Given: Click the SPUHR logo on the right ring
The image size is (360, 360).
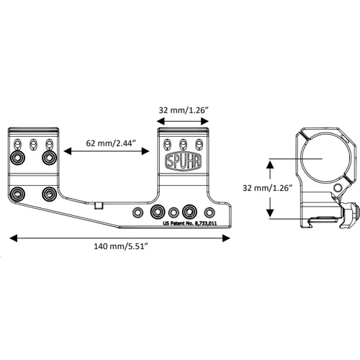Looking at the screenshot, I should pyautogui.click(x=183, y=160).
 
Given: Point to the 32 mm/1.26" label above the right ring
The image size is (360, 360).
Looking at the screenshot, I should pyautogui.click(x=183, y=112).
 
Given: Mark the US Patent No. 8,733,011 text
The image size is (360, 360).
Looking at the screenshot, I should pyautogui.click(x=189, y=224).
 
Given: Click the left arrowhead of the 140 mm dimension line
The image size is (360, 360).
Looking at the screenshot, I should pyautogui.click(x=12, y=236).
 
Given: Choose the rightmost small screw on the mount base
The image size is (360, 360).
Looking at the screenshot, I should pyautogui.click(x=210, y=212).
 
